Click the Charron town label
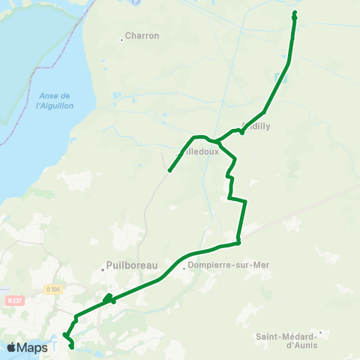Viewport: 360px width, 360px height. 142,35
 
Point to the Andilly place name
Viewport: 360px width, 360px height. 256,126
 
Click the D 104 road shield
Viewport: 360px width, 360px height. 51,289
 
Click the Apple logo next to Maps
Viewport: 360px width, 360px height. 11,347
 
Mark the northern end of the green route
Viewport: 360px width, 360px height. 295,13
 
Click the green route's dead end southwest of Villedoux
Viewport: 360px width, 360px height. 169,171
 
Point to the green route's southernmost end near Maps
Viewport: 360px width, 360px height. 71,347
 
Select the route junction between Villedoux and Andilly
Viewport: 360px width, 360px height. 216,140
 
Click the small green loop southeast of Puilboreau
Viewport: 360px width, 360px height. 109,298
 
